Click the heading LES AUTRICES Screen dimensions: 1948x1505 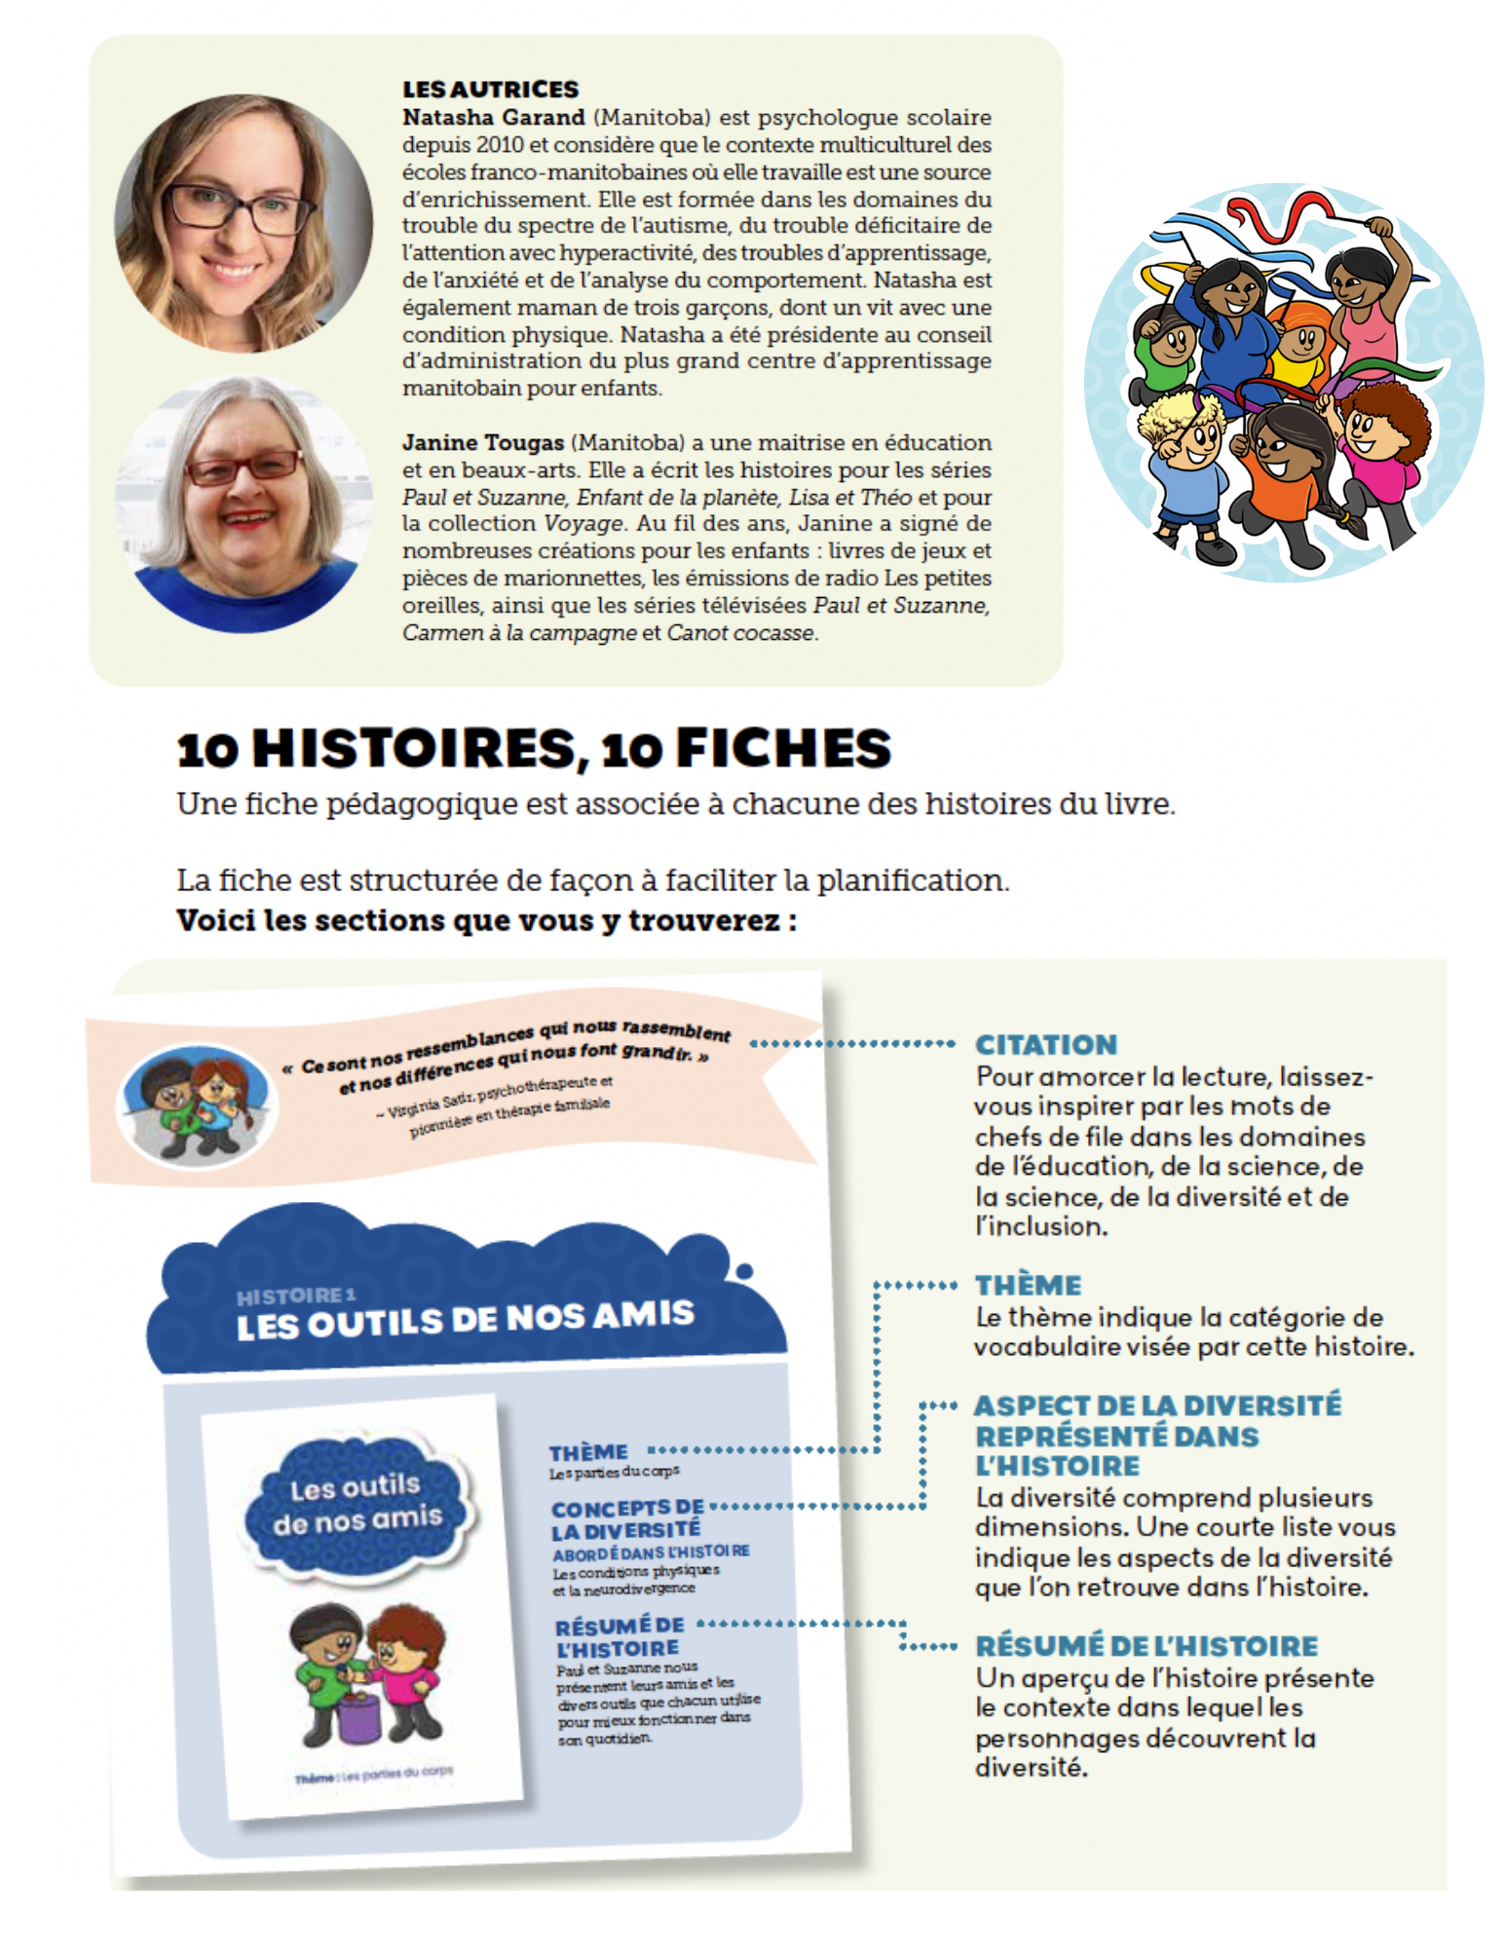(x=490, y=89)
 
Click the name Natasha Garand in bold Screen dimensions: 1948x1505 (x=494, y=117)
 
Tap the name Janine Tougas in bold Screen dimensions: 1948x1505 (x=483, y=442)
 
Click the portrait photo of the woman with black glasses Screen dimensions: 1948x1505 (x=244, y=222)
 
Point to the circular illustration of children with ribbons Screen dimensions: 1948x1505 (x=1283, y=383)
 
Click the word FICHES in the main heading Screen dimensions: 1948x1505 (x=783, y=748)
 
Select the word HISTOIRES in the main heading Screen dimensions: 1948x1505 (x=414, y=748)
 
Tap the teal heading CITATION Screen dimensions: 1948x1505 (x=1046, y=1045)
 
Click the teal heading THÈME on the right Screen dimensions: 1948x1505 (x=1029, y=1286)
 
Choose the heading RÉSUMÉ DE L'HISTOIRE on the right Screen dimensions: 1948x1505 (x=1147, y=1646)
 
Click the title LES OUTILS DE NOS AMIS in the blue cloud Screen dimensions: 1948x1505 (x=465, y=1321)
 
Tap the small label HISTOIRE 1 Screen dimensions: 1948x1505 (x=295, y=1295)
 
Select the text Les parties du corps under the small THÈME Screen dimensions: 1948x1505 (x=614, y=1472)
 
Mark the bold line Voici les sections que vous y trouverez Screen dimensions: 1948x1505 (x=486, y=920)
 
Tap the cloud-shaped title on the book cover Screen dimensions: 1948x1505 (x=357, y=1502)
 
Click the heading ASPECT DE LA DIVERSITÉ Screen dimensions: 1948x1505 (x=1157, y=1405)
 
